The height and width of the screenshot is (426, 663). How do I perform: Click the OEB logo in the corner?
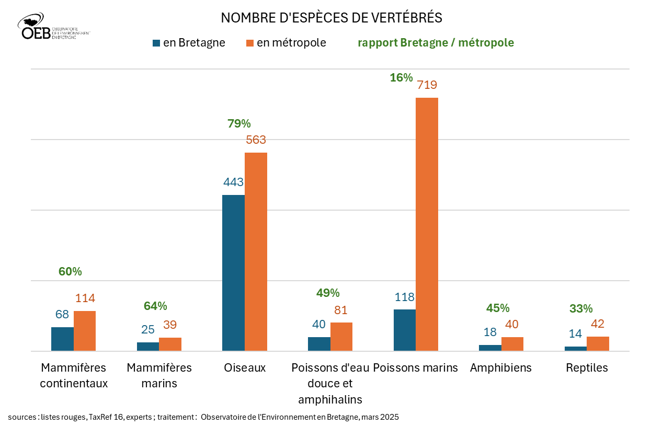click(52, 27)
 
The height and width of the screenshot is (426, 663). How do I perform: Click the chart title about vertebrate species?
click(331, 17)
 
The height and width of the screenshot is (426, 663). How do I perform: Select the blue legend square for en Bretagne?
click(156, 43)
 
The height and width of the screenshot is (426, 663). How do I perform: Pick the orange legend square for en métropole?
click(249, 43)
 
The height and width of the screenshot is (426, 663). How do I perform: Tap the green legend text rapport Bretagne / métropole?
click(436, 43)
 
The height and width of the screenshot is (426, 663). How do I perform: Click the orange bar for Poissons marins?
click(427, 224)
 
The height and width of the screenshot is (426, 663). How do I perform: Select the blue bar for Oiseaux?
click(233, 272)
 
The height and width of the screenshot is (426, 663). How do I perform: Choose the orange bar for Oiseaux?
click(256, 251)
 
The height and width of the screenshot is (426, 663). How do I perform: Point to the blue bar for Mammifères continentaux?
click(62, 339)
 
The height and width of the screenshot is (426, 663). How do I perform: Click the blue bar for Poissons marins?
click(404, 330)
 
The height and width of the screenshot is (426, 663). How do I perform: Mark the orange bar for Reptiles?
click(598, 343)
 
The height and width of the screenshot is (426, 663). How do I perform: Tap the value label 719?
click(427, 85)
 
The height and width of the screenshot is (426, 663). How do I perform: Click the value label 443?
click(233, 182)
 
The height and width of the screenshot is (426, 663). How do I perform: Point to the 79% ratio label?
click(239, 124)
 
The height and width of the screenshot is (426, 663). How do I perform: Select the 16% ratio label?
click(401, 78)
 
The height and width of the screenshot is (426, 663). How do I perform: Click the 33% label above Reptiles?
click(581, 308)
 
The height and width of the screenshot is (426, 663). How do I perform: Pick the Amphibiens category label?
click(500, 367)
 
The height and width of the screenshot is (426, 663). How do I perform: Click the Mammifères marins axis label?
click(159, 375)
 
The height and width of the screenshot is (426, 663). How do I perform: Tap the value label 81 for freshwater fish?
click(341, 310)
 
